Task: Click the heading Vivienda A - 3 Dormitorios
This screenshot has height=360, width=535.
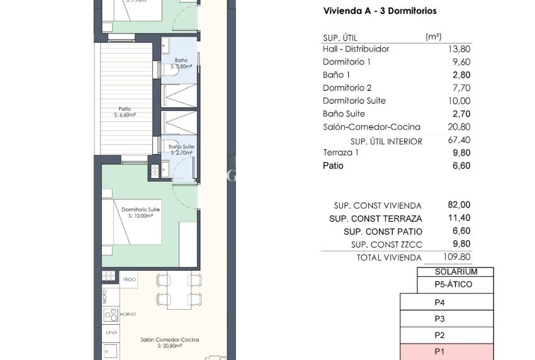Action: click(380, 11)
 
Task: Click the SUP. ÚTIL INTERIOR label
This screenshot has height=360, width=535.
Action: click(386, 142)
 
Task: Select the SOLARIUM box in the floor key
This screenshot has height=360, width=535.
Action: click(456, 272)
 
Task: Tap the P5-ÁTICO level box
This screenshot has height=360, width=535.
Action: click(453, 284)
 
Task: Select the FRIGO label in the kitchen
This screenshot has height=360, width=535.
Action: click(129, 278)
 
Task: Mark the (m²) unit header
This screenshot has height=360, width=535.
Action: click(433, 37)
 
